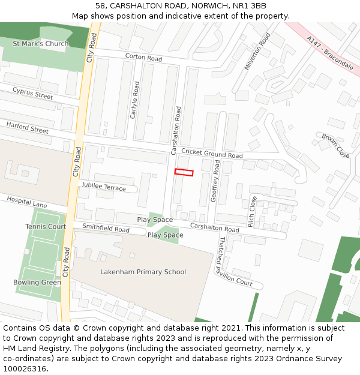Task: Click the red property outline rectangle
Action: [184, 172]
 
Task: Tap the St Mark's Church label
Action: [41, 44]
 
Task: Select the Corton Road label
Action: [144, 58]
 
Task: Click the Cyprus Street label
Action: [33, 94]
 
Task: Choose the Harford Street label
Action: [28, 128]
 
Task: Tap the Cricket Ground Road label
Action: [212, 154]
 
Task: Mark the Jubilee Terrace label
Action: [104, 187]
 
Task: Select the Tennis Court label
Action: [46, 227]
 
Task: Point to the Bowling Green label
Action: [37, 283]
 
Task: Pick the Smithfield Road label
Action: [106, 229]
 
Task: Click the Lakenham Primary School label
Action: [135, 272]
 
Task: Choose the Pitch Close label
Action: [253, 211]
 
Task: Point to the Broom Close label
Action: [335, 146]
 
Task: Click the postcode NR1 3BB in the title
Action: [250, 5]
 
